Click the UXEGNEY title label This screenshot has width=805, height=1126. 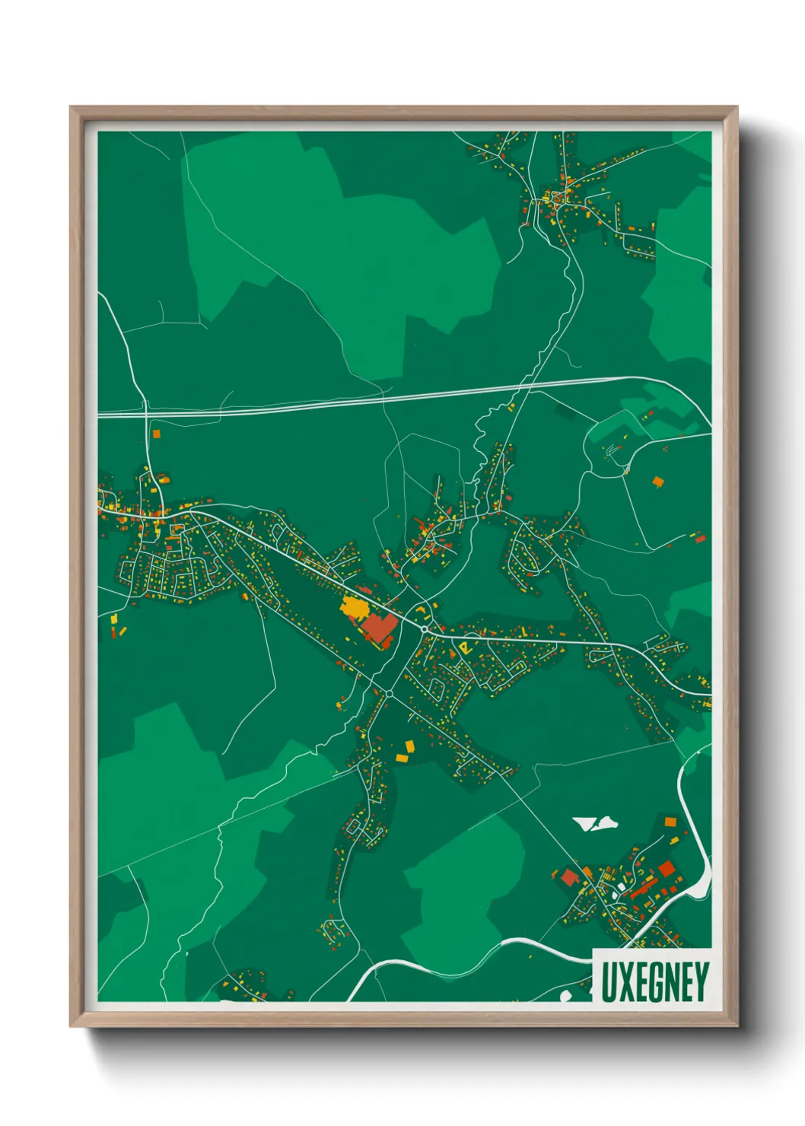point(654,981)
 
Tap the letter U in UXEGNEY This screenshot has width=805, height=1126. point(608,982)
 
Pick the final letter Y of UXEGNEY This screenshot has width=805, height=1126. point(702,982)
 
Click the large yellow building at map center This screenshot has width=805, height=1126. point(354,608)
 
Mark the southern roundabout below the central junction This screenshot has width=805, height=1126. point(389,693)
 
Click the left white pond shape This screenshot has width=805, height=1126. point(585,823)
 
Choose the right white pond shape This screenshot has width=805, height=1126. point(606,823)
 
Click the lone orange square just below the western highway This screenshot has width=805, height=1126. point(157,434)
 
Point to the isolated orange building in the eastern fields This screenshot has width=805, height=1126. point(657,481)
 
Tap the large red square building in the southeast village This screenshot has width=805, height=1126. point(667,868)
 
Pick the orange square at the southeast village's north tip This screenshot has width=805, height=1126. point(670,822)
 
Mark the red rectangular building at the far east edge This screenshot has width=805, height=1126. point(700,539)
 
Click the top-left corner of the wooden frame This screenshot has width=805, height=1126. point(71,107)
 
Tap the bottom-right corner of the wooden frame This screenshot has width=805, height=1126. point(737,1026)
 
